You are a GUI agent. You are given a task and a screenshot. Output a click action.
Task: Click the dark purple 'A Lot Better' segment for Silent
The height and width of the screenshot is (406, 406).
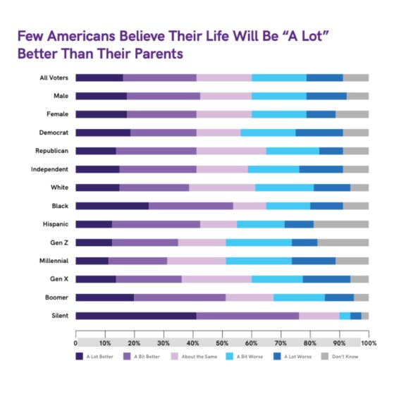tap(135, 316)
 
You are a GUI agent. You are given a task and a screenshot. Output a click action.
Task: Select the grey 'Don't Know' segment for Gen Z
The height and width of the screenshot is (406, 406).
tap(343, 242)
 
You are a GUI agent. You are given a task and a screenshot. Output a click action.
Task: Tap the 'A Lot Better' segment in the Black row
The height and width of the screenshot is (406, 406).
tap(112, 206)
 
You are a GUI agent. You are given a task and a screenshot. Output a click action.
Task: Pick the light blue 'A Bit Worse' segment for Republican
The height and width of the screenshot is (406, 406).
tap(293, 151)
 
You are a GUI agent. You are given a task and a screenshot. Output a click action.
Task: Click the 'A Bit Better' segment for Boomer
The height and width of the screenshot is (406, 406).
tap(180, 297)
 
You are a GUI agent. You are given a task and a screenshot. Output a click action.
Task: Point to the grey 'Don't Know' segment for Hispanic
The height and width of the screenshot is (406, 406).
tap(340, 224)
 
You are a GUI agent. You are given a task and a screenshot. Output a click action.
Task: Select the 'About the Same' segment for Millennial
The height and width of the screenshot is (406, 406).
tap(196, 261)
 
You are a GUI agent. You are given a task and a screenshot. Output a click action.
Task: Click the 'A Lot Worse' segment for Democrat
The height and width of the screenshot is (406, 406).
tap(319, 133)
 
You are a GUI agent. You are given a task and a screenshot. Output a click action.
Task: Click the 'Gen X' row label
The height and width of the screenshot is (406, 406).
tap(58, 279)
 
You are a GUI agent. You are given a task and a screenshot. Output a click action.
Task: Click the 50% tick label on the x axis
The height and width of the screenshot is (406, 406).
tap(222, 343)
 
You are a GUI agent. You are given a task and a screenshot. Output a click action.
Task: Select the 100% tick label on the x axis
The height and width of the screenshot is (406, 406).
tap(367, 343)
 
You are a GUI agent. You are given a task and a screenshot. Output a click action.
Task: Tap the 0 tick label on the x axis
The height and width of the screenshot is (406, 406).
tap(75, 343)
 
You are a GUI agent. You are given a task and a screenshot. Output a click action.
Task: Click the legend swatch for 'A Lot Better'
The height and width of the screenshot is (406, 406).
tap(80, 356)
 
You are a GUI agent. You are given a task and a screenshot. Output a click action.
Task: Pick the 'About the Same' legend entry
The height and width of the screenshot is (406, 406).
tap(198, 356)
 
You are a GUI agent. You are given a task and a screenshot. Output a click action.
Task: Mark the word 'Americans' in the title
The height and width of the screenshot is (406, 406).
tap(86, 35)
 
